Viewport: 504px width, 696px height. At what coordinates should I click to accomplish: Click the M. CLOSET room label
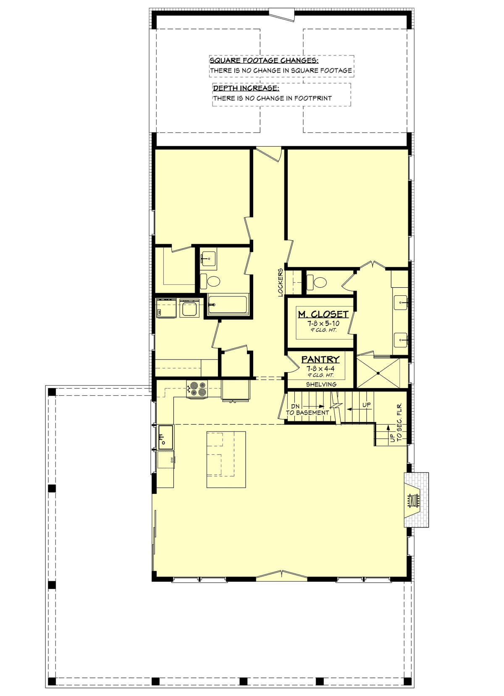(x=323, y=315)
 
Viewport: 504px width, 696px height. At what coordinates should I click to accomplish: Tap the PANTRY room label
(x=320, y=360)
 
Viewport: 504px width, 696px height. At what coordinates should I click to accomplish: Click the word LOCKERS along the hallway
(x=281, y=282)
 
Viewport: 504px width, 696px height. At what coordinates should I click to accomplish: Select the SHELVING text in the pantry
(x=321, y=384)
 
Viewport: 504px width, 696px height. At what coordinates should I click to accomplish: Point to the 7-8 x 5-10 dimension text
(x=323, y=323)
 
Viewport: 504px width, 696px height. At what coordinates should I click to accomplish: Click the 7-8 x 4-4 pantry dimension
(x=320, y=369)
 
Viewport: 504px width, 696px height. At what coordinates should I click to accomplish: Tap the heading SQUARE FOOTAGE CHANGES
(x=264, y=60)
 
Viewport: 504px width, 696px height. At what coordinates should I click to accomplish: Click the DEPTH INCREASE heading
(x=246, y=88)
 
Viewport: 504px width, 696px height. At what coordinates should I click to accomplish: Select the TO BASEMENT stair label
(x=307, y=412)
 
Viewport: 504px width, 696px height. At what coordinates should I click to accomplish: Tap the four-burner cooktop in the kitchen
(x=197, y=389)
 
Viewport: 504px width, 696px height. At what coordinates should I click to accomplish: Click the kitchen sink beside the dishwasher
(x=165, y=437)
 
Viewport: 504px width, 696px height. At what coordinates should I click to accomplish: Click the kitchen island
(x=226, y=460)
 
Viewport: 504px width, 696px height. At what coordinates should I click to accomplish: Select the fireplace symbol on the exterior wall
(x=416, y=500)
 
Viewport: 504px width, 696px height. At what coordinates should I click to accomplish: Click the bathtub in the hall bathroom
(x=228, y=305)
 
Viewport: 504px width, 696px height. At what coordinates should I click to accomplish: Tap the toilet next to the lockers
(x=317, y=283)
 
